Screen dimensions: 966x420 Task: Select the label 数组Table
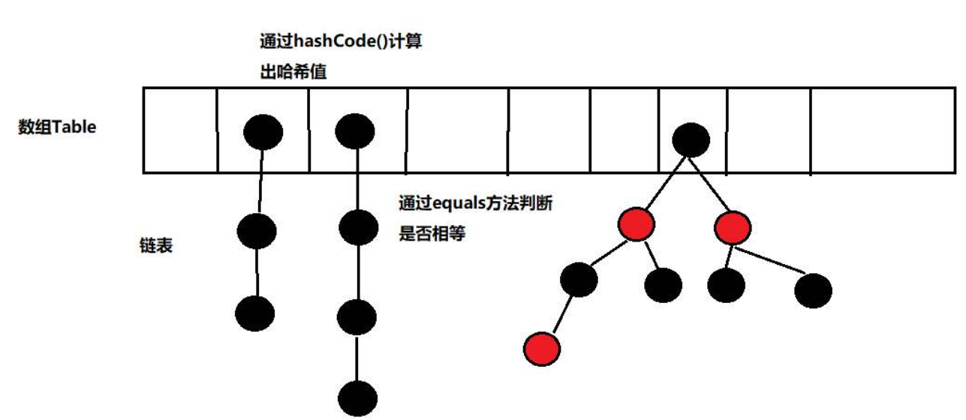tap(57, 127)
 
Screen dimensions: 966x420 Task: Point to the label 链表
tap(156, 245)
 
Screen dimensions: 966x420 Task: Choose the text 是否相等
tap(432, 234)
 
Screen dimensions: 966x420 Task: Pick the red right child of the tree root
tap(733, 226)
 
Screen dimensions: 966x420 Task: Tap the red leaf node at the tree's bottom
tap(543, 348)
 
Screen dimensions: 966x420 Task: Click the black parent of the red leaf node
tap(579, 280)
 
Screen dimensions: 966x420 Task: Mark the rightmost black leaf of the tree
tap(813, 290)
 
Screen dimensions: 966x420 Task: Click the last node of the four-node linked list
tap(357, 397)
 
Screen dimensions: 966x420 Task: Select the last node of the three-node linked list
tap(255, 313)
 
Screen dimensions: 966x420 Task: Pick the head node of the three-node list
tap(263, 133)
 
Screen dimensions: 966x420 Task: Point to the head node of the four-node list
tap(355, 132)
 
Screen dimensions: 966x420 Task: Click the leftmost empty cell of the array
tap(179, 130)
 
